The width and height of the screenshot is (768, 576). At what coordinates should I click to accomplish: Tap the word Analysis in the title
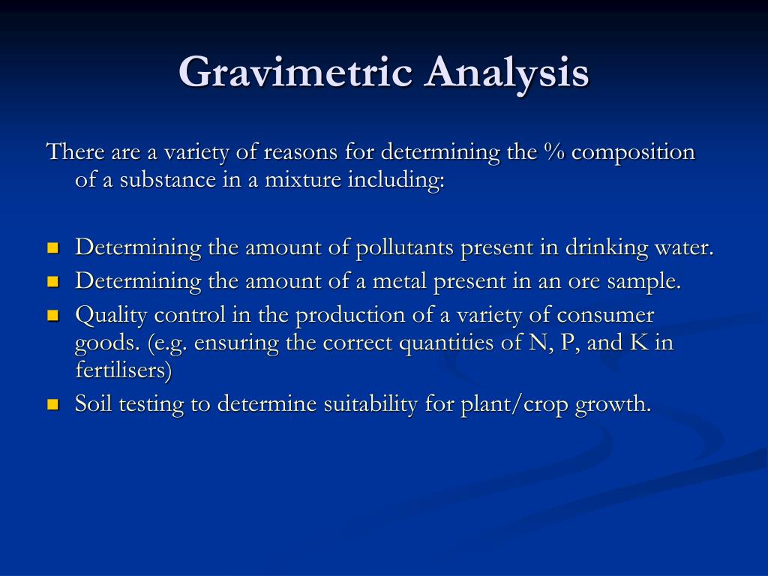pos(507,73)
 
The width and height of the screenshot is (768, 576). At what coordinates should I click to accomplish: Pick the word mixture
pos(303,181)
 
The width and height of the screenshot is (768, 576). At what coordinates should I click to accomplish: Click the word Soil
pos(93,404)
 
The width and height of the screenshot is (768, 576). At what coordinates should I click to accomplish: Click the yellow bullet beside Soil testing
pos(52,405)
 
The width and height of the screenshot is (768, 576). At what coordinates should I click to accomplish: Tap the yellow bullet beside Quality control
pos(52,316)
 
